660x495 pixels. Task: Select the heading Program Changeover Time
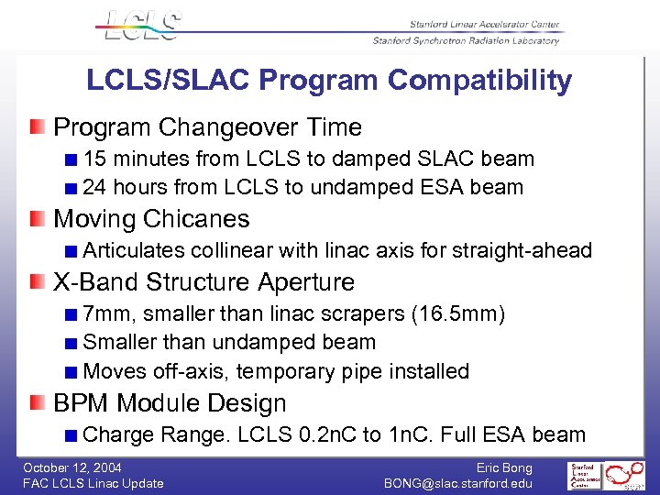pyautogui.click(x=207, y=127)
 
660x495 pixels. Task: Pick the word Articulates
pyautogui.click(x=134, y=250)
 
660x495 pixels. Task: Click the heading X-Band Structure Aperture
pyautogui.click(x=203, y=282)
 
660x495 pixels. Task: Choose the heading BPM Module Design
pyautogui.click(x=170, y=403)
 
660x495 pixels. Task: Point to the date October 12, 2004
pyautogui.click(x=72, y=467)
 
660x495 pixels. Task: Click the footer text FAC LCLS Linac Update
pyautogui.click(x=93, y=483)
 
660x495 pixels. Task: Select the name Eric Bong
pyautogui.click(x=503, y=467)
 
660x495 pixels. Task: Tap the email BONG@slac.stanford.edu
pyautogui.click(x=457, y=483)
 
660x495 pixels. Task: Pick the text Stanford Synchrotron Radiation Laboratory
pyautogui.click(x=465, y=40)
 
